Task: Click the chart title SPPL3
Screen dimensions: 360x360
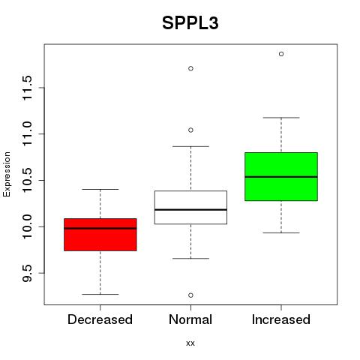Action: [x=190, y=23]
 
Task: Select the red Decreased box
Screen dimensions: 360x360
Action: [x=100, y=235]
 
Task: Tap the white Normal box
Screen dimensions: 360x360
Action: [x=190, y=207]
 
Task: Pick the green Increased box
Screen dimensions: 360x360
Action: [x=281, y=176]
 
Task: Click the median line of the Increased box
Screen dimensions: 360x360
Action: [x=281, y=177]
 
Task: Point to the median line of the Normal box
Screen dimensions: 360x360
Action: [x=190, y=209]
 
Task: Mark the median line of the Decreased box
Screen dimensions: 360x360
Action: [x=100, y=228]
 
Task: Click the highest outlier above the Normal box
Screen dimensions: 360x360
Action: [x=190, y=68]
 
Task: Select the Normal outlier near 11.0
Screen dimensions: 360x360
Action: [x=190, y=130]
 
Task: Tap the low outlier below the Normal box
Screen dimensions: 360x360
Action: [x=190, y=295]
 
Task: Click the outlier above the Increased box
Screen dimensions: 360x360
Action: [x=281, y=54]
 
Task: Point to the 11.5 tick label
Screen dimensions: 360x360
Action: [x=27, y=88]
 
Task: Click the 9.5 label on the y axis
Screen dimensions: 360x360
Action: [x=27, y=273]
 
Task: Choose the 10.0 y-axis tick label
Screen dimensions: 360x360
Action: [x=27, y=226]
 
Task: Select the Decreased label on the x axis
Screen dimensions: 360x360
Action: [x=100, y=319]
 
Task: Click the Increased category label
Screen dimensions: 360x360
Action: [x=281, y=319]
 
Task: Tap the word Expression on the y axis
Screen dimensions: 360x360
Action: [x=7, y=174]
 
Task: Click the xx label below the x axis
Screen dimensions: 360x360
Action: [x=190, y=343]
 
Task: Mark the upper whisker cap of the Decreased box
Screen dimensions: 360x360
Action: [x=100, y=189]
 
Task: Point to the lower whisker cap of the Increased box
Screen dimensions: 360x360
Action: [x=281, y=232]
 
